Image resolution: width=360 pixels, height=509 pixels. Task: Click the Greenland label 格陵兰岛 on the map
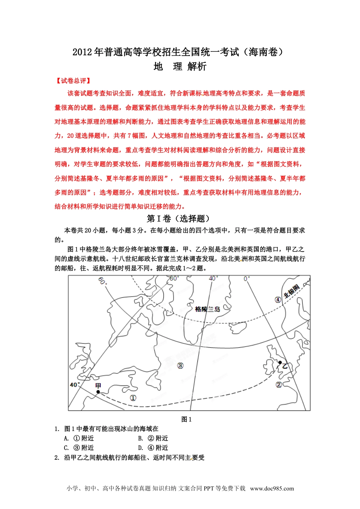click(x=207, y=309)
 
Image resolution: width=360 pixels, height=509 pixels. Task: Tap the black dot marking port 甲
click(x=98, y=392)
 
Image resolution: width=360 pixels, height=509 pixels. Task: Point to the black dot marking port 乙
click(x=280, y=362)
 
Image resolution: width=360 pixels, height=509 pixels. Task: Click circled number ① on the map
click(x=133, y=398)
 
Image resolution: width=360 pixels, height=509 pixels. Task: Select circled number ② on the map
click(x=279, y=385)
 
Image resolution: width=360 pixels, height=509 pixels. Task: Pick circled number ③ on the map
click(x=180, y=365)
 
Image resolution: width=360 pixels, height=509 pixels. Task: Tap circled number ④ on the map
click(x=278, y=300)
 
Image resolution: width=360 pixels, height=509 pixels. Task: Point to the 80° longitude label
click(x=174, y=278)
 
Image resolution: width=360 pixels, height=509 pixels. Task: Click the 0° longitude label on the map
click(x=247, y=279)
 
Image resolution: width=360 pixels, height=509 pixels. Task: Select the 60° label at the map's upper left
click(x=102, y=281)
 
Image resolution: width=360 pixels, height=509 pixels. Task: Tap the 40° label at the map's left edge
click(x=75, y=385)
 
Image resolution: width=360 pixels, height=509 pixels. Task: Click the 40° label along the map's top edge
click(x=214, y=278)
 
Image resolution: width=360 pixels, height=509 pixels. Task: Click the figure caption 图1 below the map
click(x=186, y=419)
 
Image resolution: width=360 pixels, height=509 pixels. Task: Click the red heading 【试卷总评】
click(x=73, y=81)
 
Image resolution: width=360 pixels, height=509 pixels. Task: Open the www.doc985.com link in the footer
click(x=272, y=488)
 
